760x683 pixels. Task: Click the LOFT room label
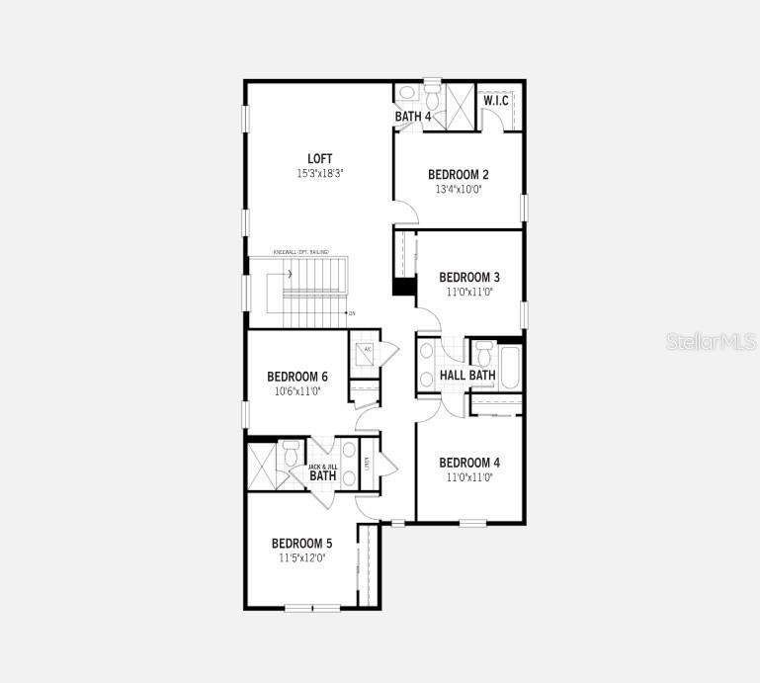pyautogui.click(x=319, y=158)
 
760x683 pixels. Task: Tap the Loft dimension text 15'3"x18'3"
pyautogui.click(x=319, y=173)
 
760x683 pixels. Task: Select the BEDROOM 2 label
pyautogui.click(x=458, y=174)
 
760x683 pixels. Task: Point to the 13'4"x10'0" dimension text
pyautogui.click(x=458, y=189)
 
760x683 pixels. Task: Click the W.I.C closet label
pyautogui.click(x=496, y=100)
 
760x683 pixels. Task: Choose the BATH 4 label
pyautogui.click(x=413, y=117)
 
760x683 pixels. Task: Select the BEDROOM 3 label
pyautogui.click(x=469, y=277)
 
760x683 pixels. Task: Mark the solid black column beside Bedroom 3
pyautogui.click(x=403, y=287)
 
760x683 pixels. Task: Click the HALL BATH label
pyautogui.click(x=467, y=376)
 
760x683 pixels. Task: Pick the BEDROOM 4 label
pyautogui.click(x=469, y=463)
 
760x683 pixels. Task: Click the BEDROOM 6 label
pyautogui.click(x=297, y=377)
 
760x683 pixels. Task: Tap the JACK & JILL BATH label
pyautogui.click(x=323, y=472)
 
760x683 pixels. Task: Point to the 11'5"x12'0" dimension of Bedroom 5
pyautogui.click(x=301, y=558)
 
